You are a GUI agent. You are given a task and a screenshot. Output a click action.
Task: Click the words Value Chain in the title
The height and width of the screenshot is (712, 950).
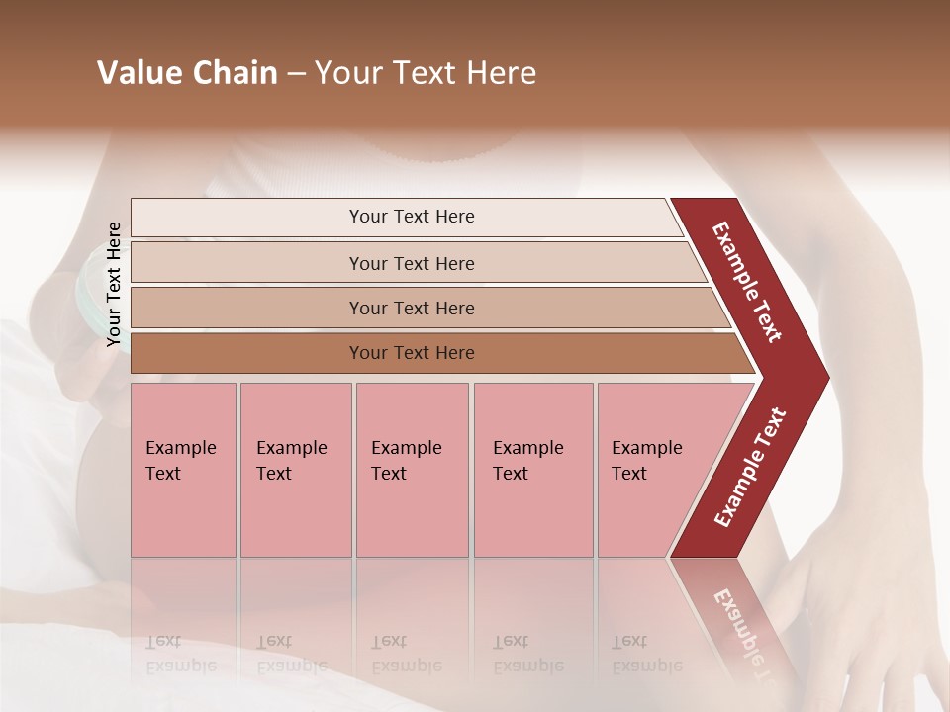187,73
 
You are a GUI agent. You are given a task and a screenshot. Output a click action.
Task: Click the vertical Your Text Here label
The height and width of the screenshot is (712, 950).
114,284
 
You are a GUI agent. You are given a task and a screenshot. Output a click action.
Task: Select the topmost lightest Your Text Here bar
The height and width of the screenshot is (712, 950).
411,217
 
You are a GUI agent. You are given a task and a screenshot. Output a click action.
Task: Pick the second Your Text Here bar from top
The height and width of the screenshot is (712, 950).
411,263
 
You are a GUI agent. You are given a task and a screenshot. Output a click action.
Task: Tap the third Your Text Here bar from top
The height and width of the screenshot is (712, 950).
411,308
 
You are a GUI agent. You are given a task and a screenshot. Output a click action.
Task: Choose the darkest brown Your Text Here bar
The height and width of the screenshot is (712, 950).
411,353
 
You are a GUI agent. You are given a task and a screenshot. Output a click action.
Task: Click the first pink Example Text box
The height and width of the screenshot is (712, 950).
183,470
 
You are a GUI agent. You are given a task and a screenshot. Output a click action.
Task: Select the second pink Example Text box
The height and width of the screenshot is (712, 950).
295,470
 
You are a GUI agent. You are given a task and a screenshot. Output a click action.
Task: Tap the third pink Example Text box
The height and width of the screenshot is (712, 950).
412,470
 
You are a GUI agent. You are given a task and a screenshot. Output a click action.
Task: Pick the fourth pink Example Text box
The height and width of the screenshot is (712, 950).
532,470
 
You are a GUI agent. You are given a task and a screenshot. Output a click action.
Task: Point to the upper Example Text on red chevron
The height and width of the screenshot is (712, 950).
748,282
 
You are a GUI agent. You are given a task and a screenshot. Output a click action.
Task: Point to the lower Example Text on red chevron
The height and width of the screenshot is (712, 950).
750,467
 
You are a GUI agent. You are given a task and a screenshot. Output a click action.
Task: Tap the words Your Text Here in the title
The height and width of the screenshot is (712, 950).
426,73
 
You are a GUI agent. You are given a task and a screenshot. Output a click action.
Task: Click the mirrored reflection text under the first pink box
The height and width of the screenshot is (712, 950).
180,654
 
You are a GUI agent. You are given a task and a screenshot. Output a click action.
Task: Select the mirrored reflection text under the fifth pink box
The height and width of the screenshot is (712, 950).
647,654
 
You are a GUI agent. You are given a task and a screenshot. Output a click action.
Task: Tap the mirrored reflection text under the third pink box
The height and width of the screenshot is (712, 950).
406,654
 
